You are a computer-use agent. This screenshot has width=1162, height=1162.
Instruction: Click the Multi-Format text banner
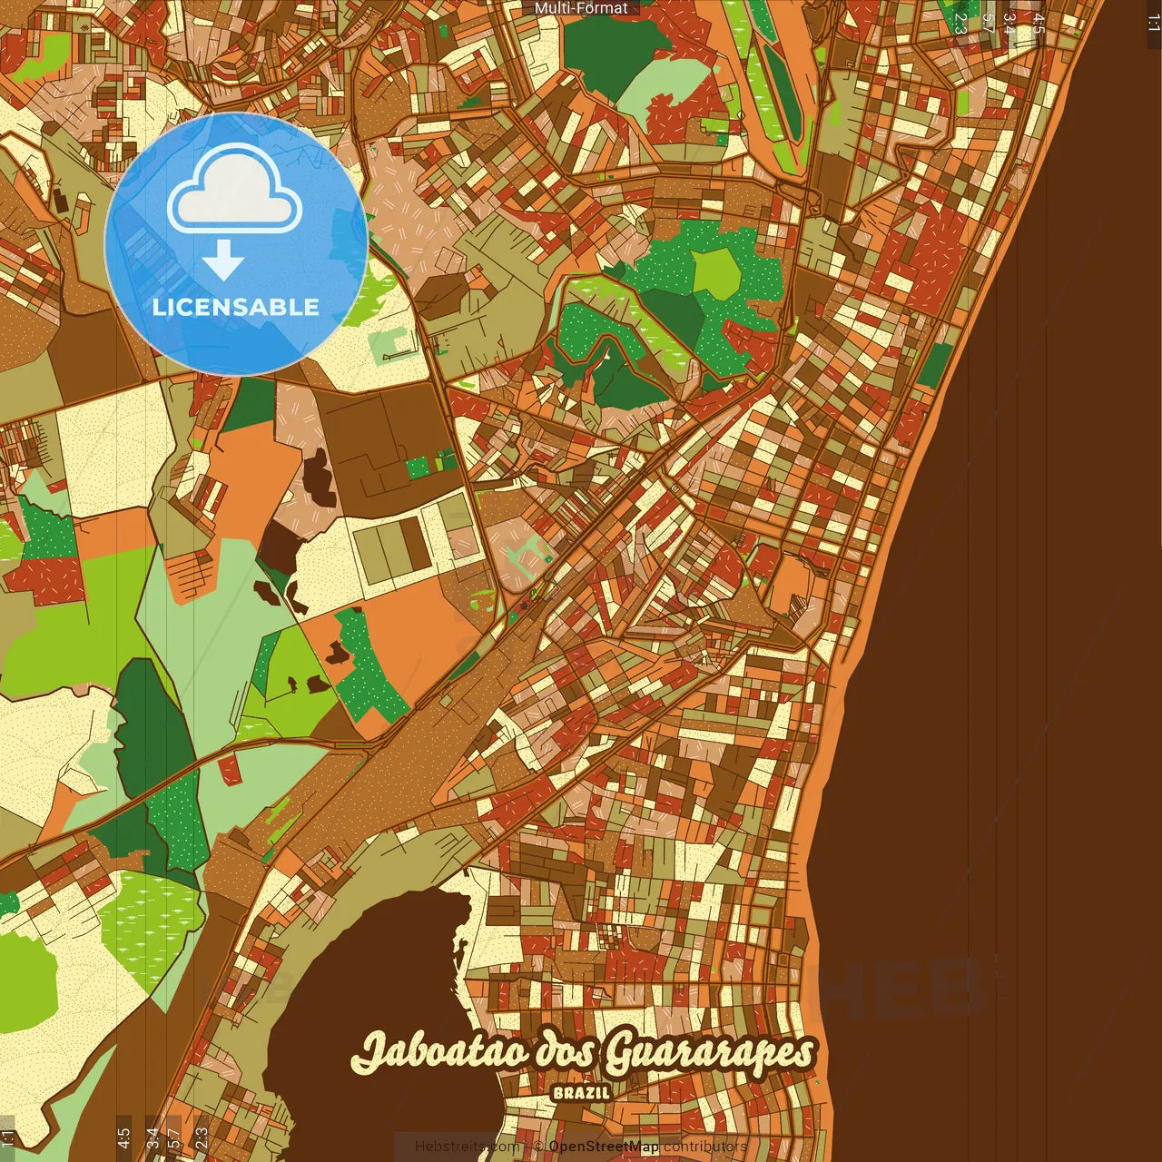pyautogui.click(x=581, y=8)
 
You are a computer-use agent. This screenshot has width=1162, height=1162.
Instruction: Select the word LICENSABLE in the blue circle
pyautogui.click(x=236, y=307)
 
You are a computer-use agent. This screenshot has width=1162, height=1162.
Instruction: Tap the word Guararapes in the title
pyautogui.click(x=709, y=1052)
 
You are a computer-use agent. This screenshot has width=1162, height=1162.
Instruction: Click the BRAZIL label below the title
pyautogui.click(x=581, y=1093)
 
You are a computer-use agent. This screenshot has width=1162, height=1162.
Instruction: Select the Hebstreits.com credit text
pyautogui.click(x=467, y=1147)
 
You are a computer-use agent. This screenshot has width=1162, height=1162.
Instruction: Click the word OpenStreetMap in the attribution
pyautogui.click(x=603, y=1147)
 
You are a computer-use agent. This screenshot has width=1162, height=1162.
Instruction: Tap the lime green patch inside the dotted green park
pyautogui.click(x=717, y=271)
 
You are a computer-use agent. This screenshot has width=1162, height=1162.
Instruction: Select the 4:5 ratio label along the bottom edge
pyautogui.click(x=123, y=1137)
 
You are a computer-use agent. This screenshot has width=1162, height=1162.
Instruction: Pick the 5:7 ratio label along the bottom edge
pyautogui.click(x=174, y=1137)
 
